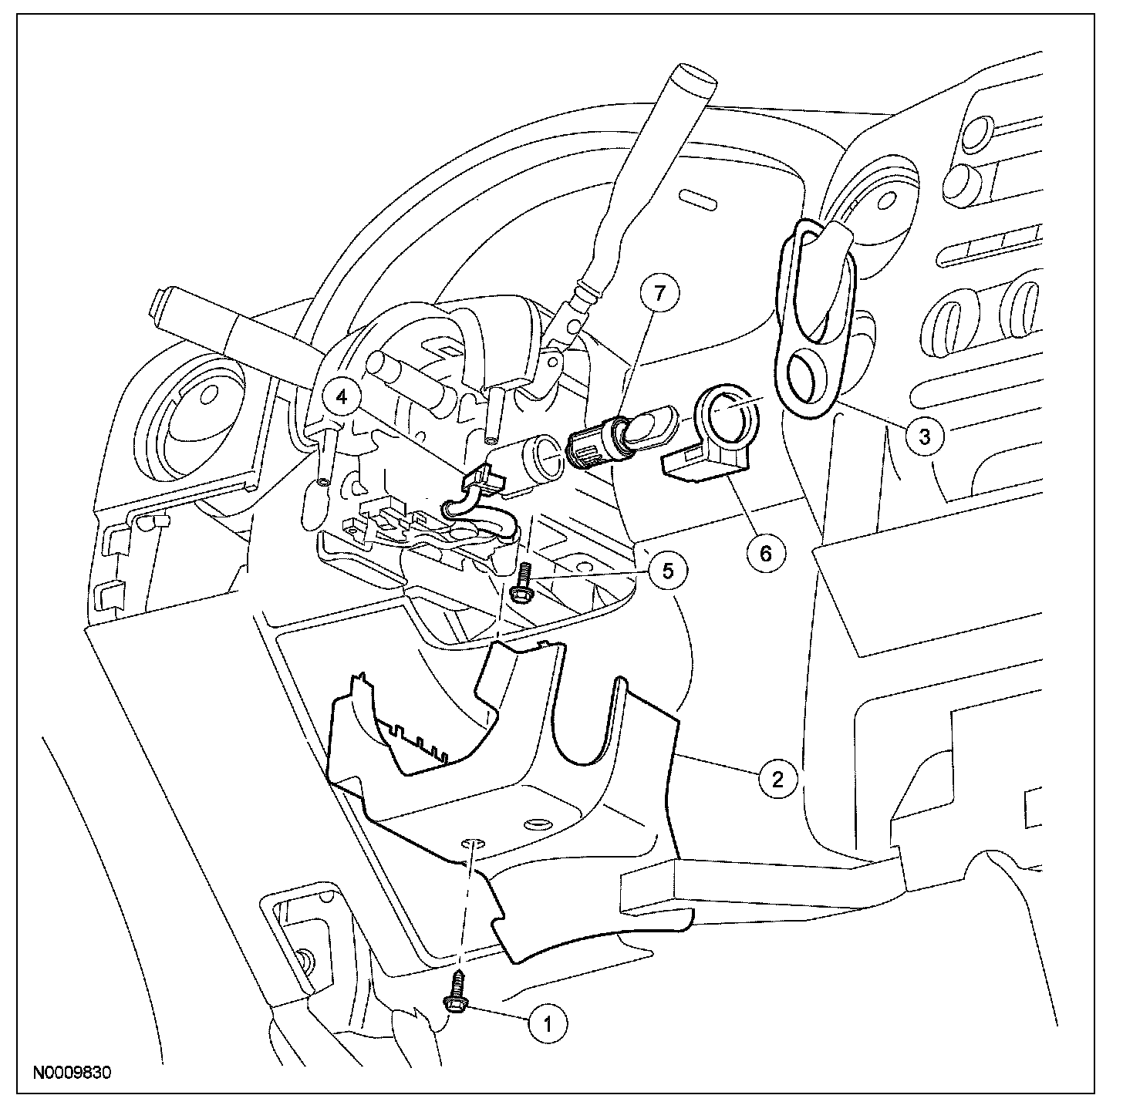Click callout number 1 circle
548,1023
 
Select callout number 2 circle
776,780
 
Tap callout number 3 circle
923,436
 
